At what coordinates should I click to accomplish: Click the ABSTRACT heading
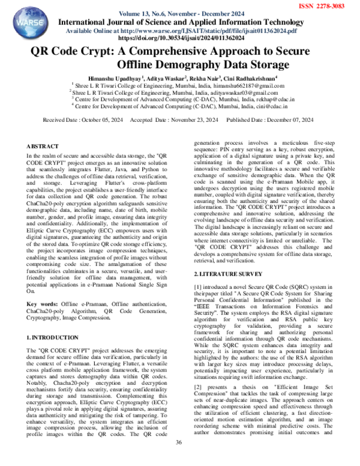tap(43, 147)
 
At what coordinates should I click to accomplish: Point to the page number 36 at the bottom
tap(178, 459)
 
